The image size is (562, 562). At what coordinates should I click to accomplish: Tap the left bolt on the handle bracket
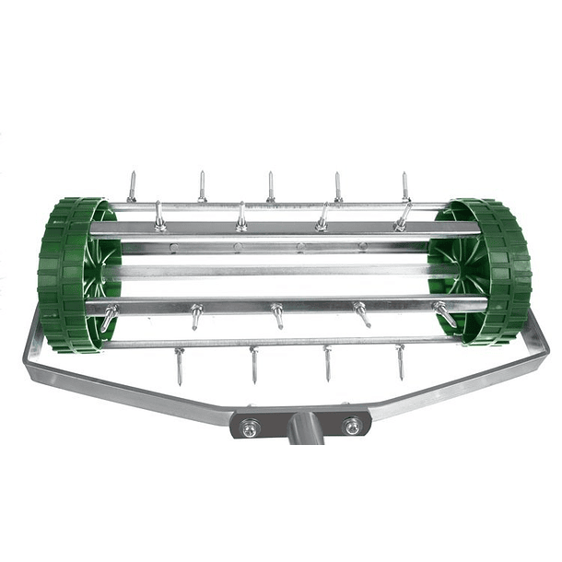251,427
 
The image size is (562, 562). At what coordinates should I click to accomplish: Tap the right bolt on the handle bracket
352,426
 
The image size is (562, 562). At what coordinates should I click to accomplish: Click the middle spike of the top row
271,186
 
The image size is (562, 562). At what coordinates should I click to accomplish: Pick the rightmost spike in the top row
404,187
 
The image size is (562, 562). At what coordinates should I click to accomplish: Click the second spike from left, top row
202,185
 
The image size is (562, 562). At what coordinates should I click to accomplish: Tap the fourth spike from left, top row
338,186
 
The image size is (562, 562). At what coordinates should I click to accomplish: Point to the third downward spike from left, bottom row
327,363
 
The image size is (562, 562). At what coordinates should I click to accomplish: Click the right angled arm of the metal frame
479,378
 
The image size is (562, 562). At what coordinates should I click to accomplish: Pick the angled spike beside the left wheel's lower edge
109,318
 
